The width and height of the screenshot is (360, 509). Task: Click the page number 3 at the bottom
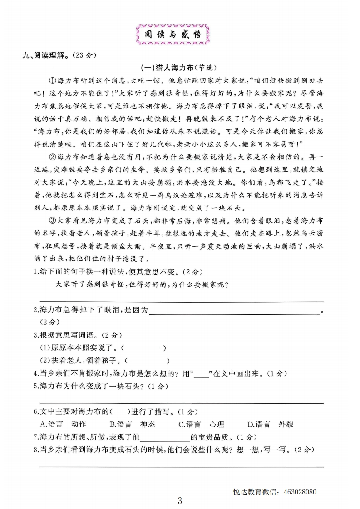click(x=180, y=501)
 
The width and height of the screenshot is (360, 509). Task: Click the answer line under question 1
click(x=182, y=300)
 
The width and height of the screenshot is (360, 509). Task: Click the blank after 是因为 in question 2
click(x=234, y=312)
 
